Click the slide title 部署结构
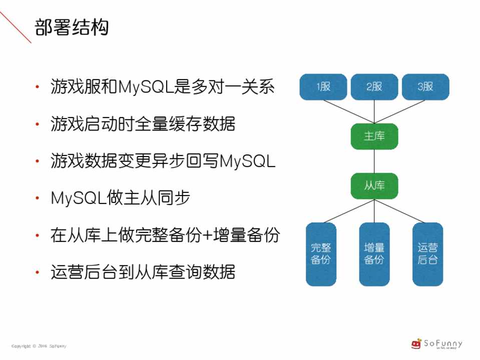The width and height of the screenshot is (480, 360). click(72, 27)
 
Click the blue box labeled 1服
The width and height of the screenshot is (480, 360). click(323, 87)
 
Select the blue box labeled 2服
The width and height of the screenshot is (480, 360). click(374, 87)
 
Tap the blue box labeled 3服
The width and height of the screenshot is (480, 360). click(425, 87)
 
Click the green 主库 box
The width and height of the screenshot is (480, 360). click(374, 136)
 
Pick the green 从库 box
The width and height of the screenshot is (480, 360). click(374, 185)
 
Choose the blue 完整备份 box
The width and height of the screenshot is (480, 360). click(321, 254)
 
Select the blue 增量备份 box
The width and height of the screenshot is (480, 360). click(374, 254)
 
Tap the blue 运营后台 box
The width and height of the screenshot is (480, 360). click(427, 254)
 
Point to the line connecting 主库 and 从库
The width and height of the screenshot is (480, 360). click(374, 161)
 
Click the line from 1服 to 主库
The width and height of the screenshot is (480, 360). click(348, 111)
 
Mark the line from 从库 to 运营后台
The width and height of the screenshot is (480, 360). click(401, 210)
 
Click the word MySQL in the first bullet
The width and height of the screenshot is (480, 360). click(146, 87)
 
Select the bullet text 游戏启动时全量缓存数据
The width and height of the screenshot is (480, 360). click(143, 124)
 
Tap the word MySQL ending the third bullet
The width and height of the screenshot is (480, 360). click(248, 161)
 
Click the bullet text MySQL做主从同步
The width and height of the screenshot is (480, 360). click(120, 198)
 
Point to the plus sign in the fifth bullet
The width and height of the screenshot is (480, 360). click(206, 235)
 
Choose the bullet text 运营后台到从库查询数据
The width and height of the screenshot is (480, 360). click(143, 272)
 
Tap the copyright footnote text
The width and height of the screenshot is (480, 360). click(39, 346)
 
